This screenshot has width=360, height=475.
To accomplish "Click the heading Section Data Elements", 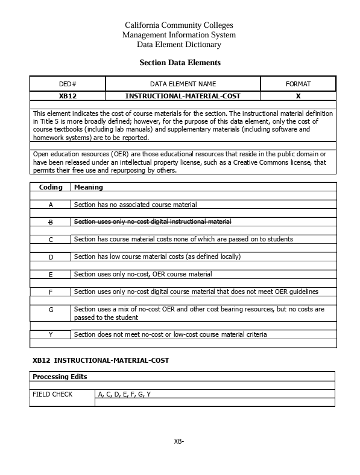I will coord(180,63).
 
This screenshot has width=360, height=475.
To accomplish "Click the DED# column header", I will coord(68,84).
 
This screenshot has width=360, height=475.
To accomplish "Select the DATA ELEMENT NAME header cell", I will coord(183,84).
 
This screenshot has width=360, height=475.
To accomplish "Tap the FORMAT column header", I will coord(298,84).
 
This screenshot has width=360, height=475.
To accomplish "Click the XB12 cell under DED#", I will coord(68,96).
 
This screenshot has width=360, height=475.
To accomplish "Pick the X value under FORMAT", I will coord(298,96).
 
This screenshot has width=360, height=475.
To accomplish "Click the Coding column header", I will coord(51,188).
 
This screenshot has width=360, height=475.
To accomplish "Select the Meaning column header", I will coord(88,188).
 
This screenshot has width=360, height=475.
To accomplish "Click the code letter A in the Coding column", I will coord(51,205).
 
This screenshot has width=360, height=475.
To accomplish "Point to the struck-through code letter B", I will coord(51,222).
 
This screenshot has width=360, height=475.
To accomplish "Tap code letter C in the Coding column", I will coord(51,240).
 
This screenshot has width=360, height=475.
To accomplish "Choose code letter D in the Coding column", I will coord(51,257).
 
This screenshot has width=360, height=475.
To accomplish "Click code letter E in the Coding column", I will coord(51,275).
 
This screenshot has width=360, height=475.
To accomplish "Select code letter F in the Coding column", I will coord(51,292).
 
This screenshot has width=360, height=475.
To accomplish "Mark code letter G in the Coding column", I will coord(51,310).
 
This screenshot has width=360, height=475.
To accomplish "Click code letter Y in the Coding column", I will coord(51,334).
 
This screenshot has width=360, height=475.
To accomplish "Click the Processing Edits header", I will coord(60,377).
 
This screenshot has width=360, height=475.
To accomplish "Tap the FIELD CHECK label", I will coord(52,394).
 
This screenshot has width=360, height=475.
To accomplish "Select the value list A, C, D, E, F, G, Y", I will coord(124,394).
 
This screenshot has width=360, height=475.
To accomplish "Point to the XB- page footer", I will coord(178,441).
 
